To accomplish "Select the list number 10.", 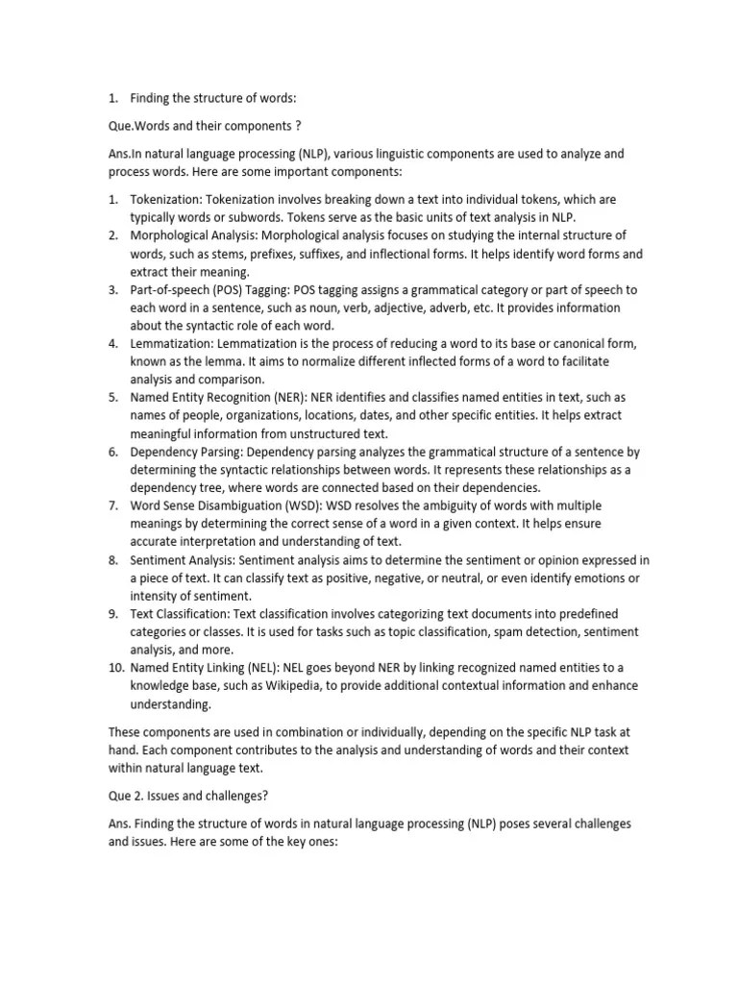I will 114,668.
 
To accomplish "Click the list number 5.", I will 112,398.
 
